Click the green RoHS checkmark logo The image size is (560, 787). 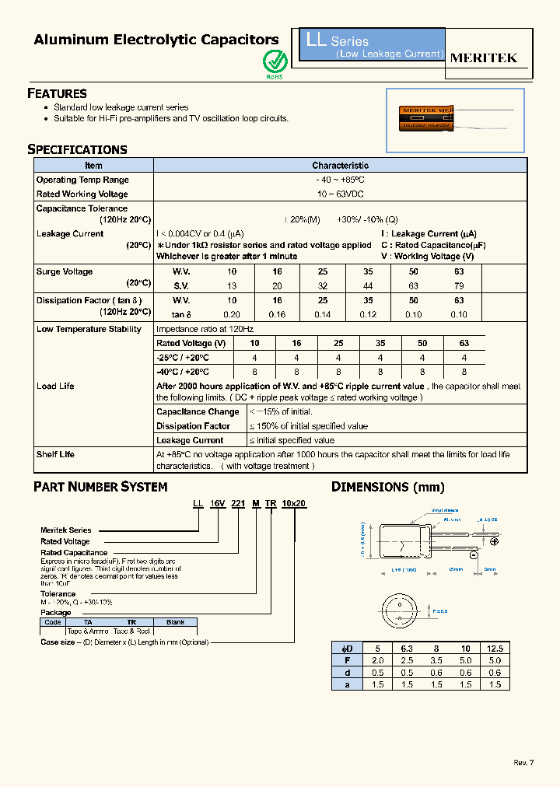[x=275, y=61]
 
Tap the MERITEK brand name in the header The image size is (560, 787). [x=484, y=58]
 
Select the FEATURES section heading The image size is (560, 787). [x=57, y=93]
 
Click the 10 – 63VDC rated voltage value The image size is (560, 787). [x=340, y=194]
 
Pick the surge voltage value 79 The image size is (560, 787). [x=459, y=286]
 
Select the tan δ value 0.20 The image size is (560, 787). [x=231, y=315]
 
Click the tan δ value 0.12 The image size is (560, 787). [x=368, y=315]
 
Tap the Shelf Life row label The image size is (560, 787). [x=55, y=454]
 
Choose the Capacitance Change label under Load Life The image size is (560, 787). [x=198, y=412]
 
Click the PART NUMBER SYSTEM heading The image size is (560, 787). [x=100, y=487]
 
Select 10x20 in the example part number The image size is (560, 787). [x=295, y=504]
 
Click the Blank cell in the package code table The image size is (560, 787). [x=175, y=622]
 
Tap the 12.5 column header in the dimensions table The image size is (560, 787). [x=495, y=648]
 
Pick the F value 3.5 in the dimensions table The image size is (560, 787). [x=436, y=660]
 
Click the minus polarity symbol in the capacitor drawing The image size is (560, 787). [x=473, y=556]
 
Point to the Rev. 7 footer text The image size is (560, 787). [x=524, y=762]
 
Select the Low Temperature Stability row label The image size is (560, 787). [x=89, y=329]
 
